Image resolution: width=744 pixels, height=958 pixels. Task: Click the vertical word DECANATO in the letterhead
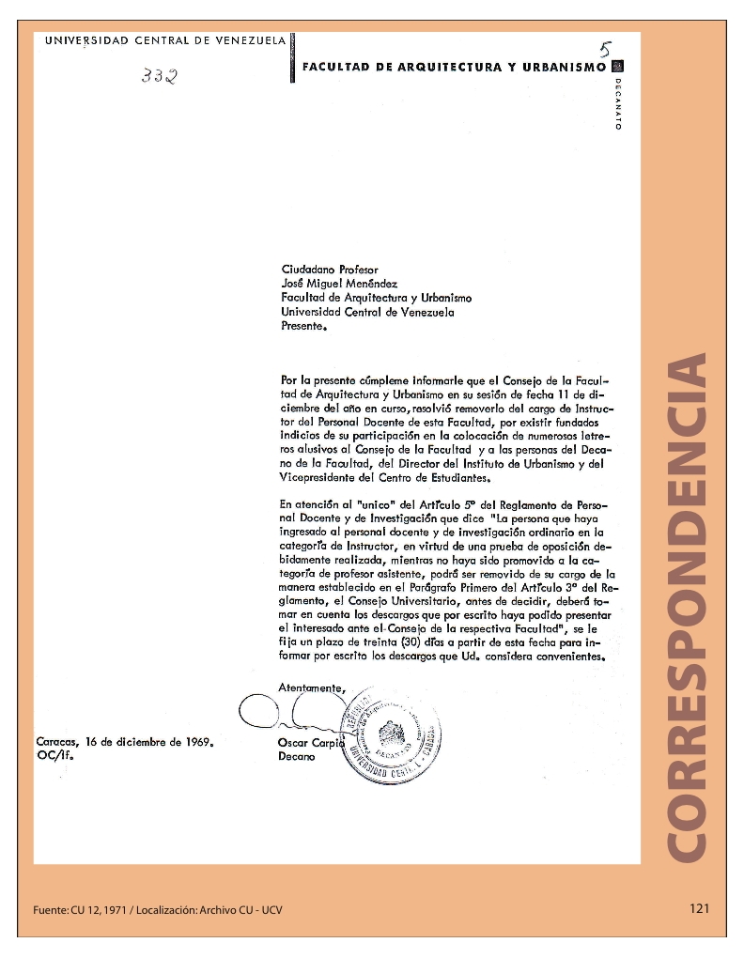618,102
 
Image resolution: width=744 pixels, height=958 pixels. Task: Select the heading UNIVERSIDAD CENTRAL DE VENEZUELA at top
164,40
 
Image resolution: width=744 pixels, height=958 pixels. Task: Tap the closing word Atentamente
312,688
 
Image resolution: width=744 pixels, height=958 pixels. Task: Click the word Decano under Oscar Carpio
297,756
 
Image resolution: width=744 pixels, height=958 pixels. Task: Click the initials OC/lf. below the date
54,754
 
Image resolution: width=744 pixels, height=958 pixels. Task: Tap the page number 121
698,908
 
